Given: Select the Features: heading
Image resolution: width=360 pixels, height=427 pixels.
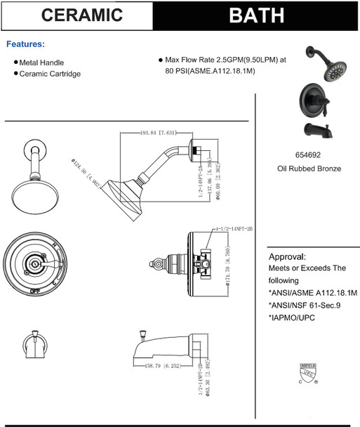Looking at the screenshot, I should [25, 44].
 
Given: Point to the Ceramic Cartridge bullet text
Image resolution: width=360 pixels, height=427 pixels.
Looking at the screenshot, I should [50, 74].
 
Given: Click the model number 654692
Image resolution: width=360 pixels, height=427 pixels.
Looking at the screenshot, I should [309, 156].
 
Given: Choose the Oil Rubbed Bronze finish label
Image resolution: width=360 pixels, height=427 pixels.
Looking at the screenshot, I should [309, 169].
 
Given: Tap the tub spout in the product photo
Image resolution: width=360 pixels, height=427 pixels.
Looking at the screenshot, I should [318, 129].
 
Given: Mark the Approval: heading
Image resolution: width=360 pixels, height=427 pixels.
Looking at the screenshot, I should [288, 256].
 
